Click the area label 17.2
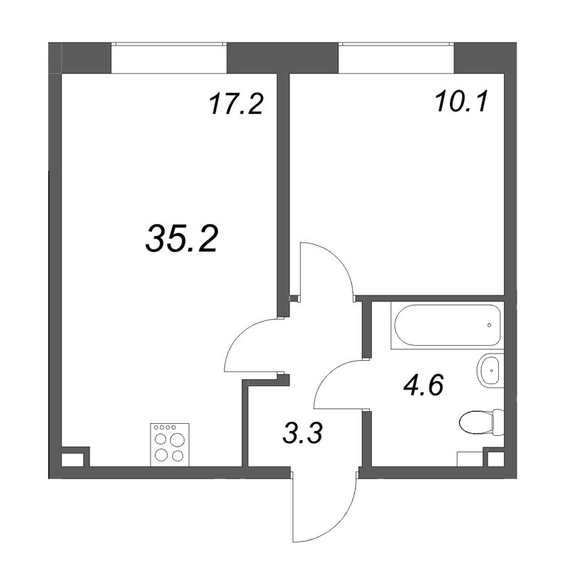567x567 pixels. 236,106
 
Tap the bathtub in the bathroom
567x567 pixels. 446,325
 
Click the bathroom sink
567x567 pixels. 490,369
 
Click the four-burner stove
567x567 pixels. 168,445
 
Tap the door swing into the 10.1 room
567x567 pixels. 326,269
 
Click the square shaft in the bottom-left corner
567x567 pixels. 72,459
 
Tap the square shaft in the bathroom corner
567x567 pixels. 492,459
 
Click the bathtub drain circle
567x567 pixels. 490,325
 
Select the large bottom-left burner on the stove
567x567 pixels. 161,456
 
